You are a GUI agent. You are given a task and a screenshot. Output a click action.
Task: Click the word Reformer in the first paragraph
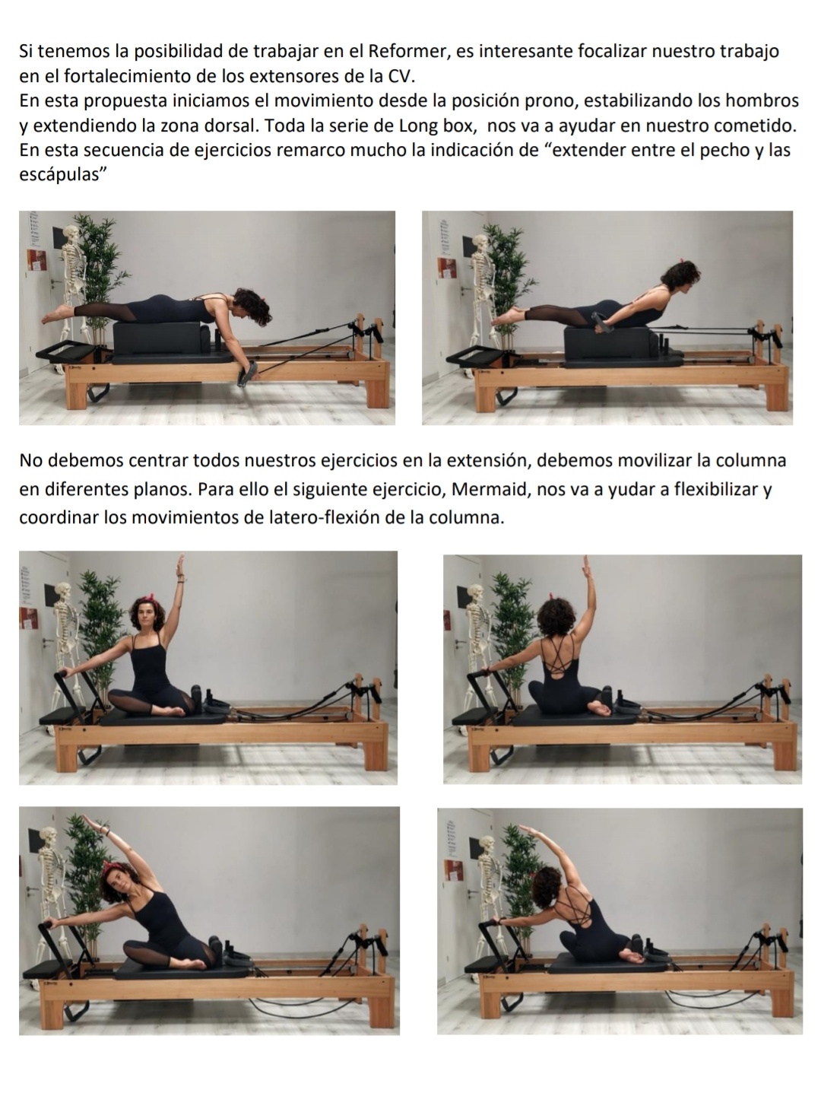[407, 51]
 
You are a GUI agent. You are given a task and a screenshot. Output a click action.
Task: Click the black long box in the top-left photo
[157, 338]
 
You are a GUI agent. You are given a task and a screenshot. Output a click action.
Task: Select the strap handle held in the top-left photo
[248, 373]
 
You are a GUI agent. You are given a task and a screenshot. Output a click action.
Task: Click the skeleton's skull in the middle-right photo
[475, 593]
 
